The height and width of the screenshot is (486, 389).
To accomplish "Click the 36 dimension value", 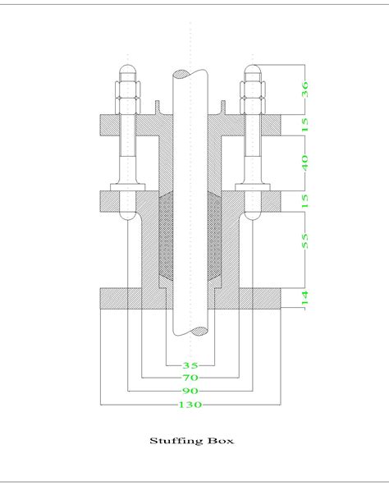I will tap(305, 89).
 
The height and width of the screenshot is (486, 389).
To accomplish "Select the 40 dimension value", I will tap(305, 163).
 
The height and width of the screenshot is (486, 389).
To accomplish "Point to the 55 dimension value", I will tap(305, 241).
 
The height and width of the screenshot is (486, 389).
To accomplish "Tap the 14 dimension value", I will tap(305, 297).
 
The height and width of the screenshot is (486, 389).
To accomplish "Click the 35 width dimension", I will tap(190, 364).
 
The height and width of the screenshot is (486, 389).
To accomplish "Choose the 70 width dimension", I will tap(190, 378).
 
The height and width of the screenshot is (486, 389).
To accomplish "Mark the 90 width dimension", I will tap(190, 391).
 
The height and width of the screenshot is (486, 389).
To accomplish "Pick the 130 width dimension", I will tap(190, 404).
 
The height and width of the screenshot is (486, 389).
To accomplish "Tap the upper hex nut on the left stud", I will tap(130, 90).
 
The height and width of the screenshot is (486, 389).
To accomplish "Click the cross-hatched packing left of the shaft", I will tap(162, 238).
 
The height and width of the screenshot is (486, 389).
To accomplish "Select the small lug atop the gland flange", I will tap(155, 108).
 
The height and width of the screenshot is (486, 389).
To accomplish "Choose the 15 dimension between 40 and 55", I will tap(305, 201).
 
